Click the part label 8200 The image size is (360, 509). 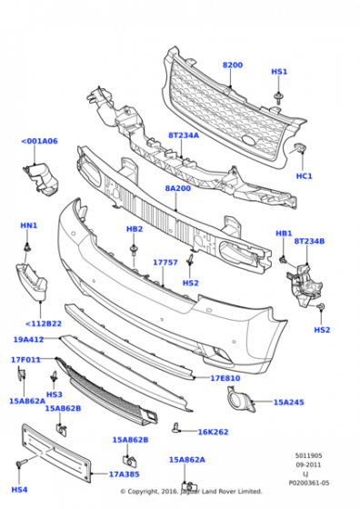(233, 65)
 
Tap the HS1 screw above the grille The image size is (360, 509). (278, 98)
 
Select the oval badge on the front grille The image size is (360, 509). (249, 140)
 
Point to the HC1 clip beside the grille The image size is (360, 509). (300, 148)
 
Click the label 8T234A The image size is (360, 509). (184, 135)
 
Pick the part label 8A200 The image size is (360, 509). (178, 188)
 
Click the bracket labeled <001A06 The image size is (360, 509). (41, 180)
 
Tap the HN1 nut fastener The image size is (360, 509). (27, 247)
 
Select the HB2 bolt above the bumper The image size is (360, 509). (134, 249)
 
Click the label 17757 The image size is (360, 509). (165, 263)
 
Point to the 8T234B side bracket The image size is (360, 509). (305, 284)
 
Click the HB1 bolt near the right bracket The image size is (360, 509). (283, 259)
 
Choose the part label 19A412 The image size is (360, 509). (28, 340)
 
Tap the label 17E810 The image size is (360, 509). (225, 378)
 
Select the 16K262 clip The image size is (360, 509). (176, 428)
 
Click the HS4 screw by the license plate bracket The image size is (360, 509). (20, 464)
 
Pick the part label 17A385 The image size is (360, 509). (124, 474)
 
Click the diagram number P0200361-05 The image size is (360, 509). (309, 483)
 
